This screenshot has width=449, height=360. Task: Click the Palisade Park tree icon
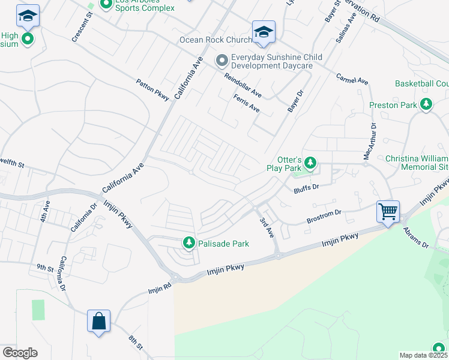[x=189, y=242]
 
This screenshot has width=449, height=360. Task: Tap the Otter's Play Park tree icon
[x=310, y=163]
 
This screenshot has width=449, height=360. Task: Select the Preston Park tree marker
[x=426, y=105]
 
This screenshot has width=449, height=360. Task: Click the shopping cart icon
[x=388, y=212]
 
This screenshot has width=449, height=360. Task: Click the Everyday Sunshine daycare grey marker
[x=221, y=59]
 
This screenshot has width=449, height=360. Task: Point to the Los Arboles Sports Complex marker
[x=106, y=5]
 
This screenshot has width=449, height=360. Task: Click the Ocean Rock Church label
[x=215, y=40]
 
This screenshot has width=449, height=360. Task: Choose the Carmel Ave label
[x=352, y=79]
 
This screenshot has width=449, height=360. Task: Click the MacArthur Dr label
[x=369, y=142]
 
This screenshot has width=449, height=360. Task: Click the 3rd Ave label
[x=266, y=227]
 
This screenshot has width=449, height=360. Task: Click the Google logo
[x=20, y=352]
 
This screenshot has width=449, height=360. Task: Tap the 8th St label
[x=136, y=343]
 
